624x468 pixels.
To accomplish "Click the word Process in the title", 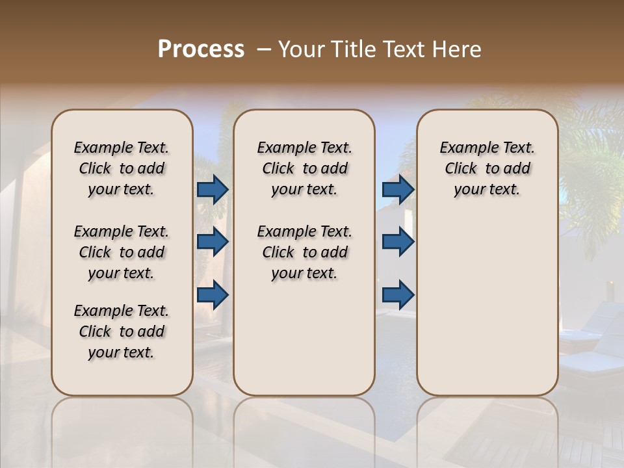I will (x=201, y=49).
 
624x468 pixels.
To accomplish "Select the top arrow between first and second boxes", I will (x=213, y=189).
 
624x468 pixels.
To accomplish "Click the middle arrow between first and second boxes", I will (x=213, y=242).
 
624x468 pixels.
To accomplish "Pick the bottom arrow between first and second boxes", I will (x=213, y=294).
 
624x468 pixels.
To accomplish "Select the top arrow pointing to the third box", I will (x=398, y=189).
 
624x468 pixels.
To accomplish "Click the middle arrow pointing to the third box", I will (x=398, y=242).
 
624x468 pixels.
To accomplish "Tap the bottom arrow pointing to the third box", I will (x=398, y=294).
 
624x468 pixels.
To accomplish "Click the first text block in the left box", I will (x=122, y=168).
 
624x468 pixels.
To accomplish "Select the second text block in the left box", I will (x=122, y=252).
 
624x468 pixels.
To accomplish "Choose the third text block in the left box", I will (x=122, y=331).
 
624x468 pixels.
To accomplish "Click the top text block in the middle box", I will (x=304, y=168).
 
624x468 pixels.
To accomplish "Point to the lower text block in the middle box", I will (x=304, y=252).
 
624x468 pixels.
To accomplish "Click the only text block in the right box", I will (x=487, y=168).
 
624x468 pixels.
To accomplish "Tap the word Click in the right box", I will (x=461, y=169).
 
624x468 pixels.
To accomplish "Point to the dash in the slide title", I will (x=264, y=49).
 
